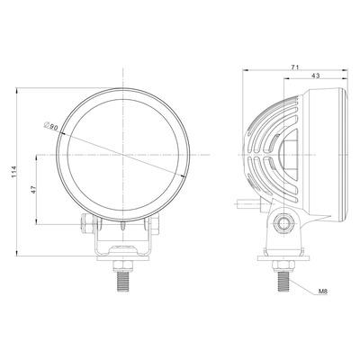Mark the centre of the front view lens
(x=121, y=155)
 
